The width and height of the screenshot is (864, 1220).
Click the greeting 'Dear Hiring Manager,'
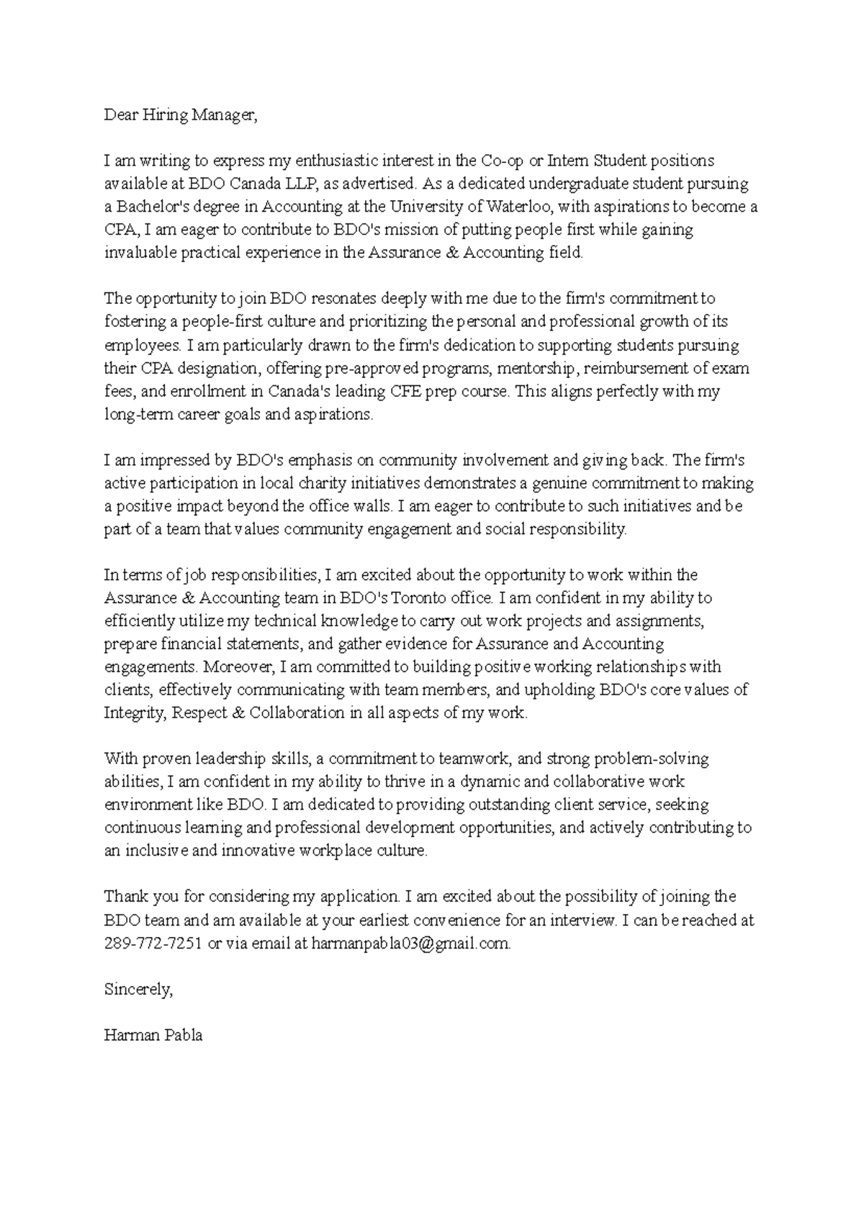(180, 115)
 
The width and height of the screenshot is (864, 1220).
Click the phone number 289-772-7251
(153, 943)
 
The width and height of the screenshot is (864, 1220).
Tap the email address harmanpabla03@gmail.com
(411, 943)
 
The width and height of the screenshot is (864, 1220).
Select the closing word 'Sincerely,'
(138, 990)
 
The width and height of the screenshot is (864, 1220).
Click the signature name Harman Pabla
(153, 1036)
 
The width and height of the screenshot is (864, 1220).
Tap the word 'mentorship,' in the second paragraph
(538, 369)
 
